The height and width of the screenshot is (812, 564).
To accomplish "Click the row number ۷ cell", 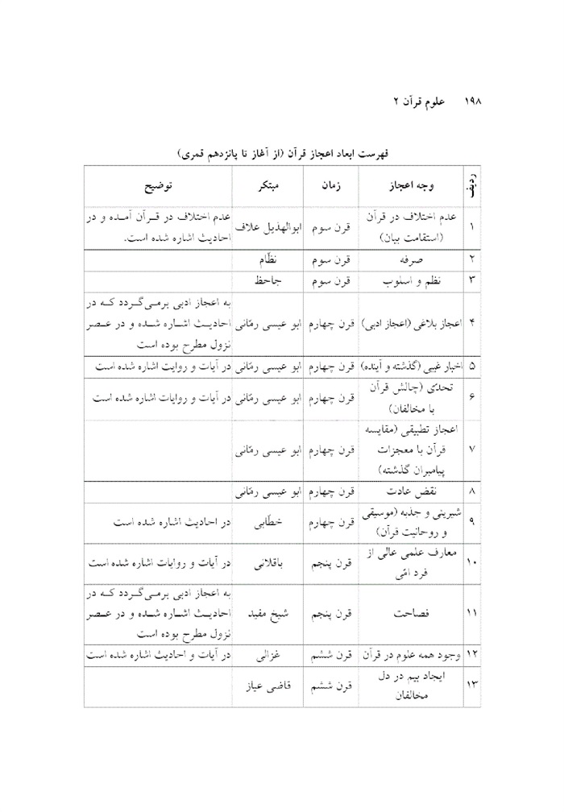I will (471, 448).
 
